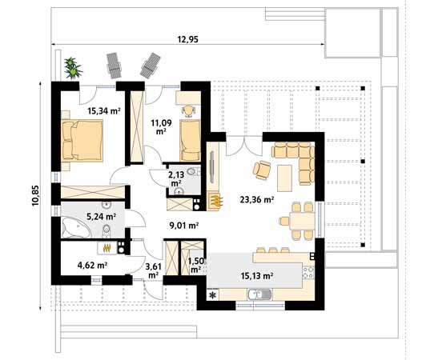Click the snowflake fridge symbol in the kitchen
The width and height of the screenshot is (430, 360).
pyautogui.click(x=212, y=295)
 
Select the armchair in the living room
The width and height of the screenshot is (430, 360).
pyautogui.click(x=261, y=169)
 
